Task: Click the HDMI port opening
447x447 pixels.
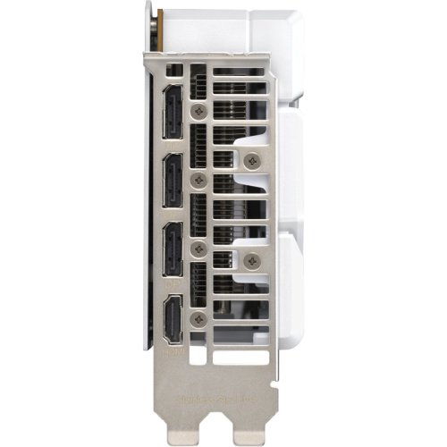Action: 173,318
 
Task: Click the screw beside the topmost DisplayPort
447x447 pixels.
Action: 200,111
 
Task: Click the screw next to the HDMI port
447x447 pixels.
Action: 200,319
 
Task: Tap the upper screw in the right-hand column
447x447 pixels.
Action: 253,161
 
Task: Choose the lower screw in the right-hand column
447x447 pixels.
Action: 253,260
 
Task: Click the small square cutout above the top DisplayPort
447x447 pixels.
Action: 174,69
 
